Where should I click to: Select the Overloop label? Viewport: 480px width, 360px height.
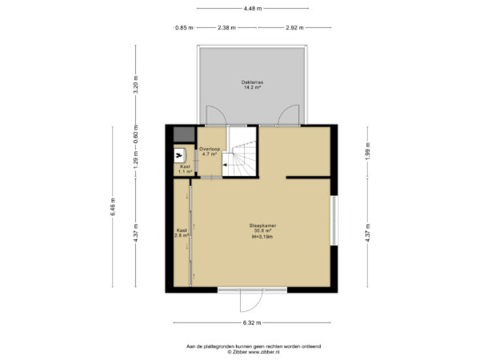coord(210,150)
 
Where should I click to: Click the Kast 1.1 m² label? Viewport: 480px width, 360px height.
coord(184,169)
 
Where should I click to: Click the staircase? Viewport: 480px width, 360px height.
coord(240,157)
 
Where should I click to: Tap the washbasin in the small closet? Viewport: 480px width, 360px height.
coord(179,155)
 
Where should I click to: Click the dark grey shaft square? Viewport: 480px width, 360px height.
coord(184,135)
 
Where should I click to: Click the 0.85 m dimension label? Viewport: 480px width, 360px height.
coord(183,28)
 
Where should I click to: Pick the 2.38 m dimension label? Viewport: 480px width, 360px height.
coord(227,28)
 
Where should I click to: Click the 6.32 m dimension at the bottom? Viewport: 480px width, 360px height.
coord(253,323)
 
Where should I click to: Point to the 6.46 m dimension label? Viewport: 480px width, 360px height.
coord(114,206)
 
